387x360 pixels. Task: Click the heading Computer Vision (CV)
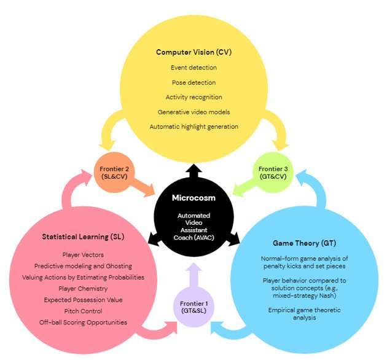pyautogui.click(x=194, y=52)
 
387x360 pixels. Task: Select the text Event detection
pyautogui.click(x=194, y=68)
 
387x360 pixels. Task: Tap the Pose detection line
pyautogui.click(x=194, y=82)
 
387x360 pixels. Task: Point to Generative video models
pyautogui.click(x=194, y=112)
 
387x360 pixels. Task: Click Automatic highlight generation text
pyautogui.click(x=194, y=127)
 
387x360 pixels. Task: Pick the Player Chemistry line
pyautogui.click(x=84, y=288)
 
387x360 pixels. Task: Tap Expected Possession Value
pyautogui.click(x=84, y=300)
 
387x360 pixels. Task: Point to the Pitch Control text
pyautogui.click(x=84, y=311)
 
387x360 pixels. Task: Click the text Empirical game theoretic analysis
pyautogui.click(x=299, y=314)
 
